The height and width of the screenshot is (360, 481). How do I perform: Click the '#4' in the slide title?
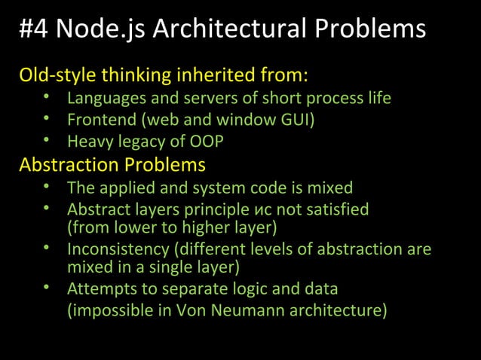33,29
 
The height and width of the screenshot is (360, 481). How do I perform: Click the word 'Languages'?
103,99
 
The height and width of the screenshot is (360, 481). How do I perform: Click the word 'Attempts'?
99,289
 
